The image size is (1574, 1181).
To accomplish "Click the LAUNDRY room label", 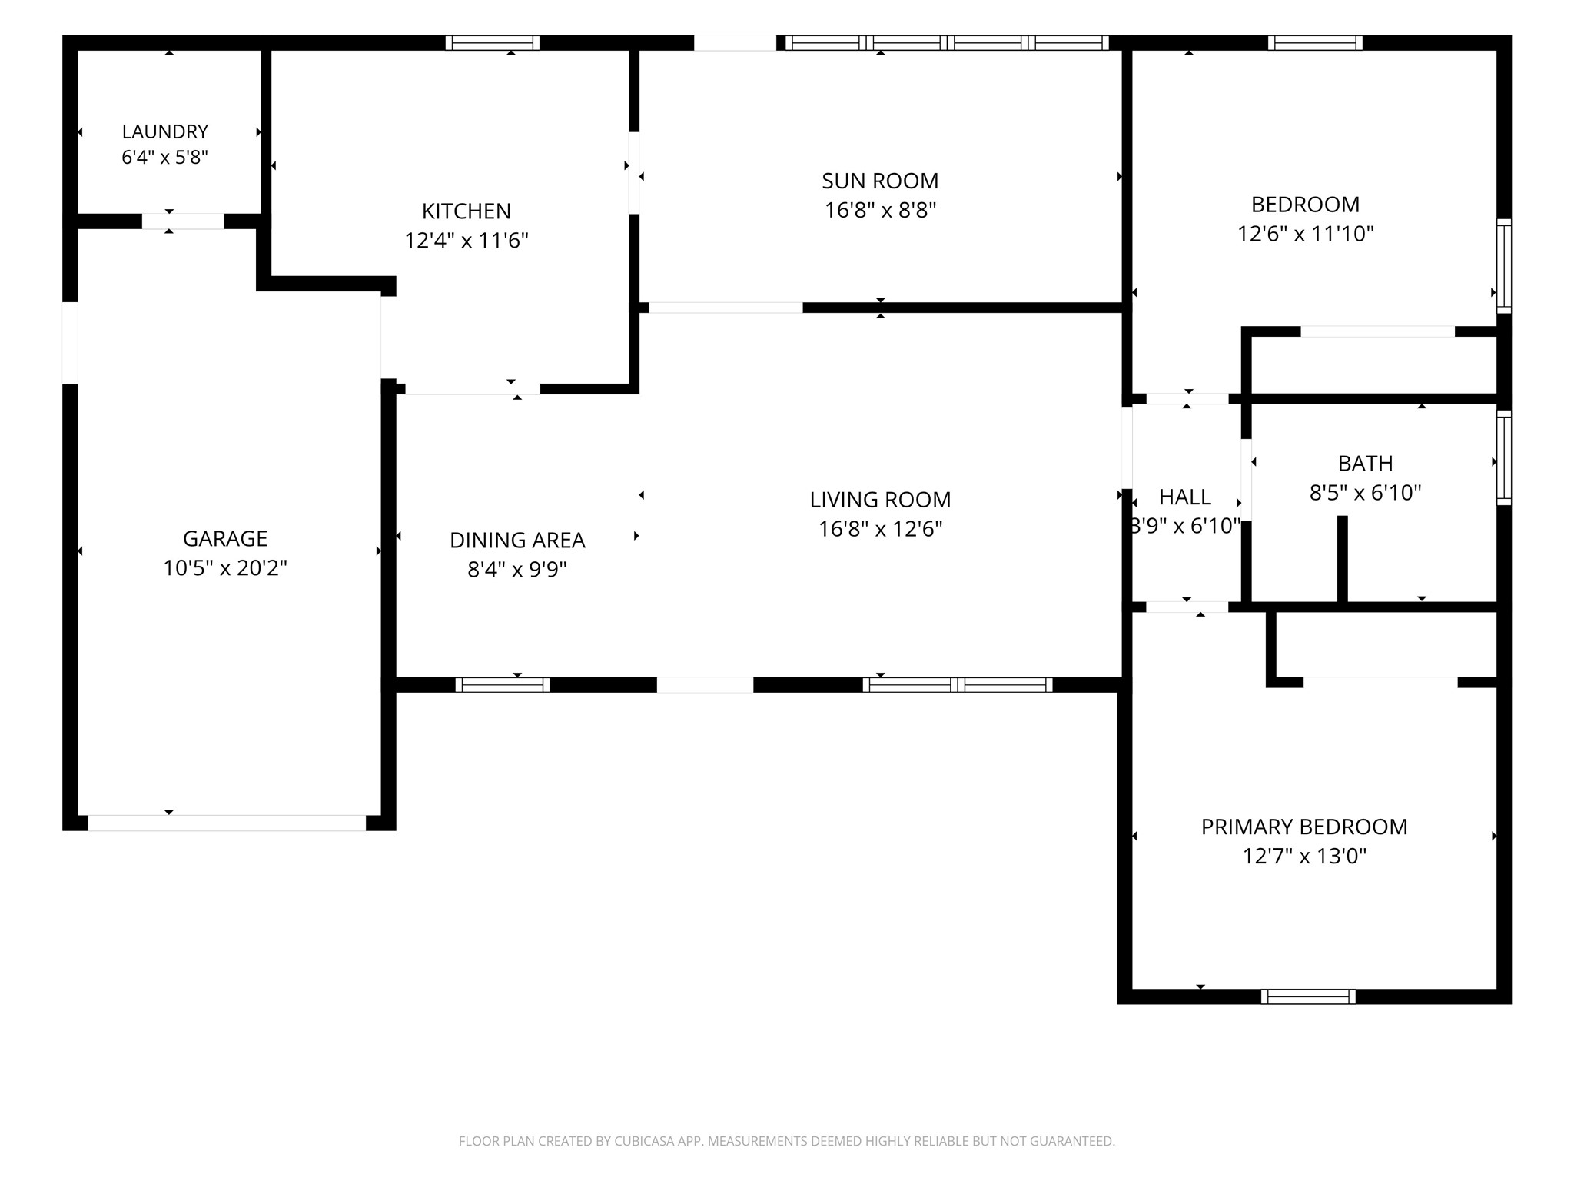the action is [164, 131].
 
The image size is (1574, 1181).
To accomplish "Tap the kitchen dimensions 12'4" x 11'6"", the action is [467, 241].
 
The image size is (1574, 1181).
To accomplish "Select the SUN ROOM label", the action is [880, 181].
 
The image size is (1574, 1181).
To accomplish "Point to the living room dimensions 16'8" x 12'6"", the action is [880, 529].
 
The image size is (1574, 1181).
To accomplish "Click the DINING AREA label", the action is [517, 541].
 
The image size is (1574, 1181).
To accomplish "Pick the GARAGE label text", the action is [225, 538].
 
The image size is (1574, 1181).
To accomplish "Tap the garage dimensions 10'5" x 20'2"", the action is [225, 568].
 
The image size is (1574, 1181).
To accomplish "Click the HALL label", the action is [1185, 497].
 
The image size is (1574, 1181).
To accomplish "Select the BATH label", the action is [1365, 464].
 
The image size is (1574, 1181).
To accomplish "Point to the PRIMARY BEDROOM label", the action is [1304, 827].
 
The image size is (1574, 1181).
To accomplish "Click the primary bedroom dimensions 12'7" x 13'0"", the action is [1304, 856].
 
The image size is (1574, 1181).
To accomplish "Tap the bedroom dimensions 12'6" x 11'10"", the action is [1305, 234].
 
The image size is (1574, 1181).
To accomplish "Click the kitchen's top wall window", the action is [493, 43].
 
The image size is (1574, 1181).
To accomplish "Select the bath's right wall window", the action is [1504, 457].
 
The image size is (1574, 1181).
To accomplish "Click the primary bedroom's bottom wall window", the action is [1308, 996].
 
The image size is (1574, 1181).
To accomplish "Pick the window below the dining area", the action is [503, 684].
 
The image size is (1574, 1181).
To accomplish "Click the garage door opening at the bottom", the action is [227, 823].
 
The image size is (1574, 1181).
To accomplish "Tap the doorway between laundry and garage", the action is [183, 221].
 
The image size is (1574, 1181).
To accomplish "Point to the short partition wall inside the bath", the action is [1343, 559].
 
